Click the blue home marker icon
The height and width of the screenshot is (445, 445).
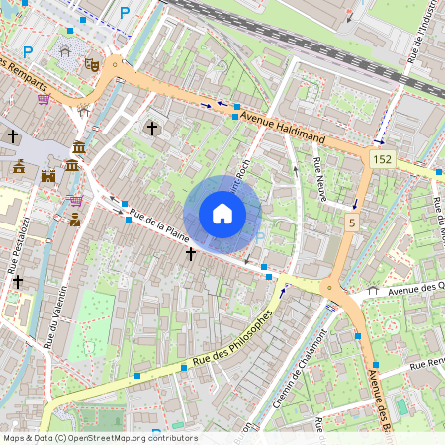pos(222,214)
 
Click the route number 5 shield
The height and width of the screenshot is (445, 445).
pos(351,223)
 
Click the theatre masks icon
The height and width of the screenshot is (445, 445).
pos(91,64)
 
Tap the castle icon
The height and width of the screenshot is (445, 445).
pos(46,176)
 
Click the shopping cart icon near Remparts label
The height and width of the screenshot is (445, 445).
pos(44,99)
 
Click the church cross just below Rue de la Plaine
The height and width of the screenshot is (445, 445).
pos(190,254)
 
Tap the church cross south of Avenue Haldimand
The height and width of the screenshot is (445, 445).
pos(152,128)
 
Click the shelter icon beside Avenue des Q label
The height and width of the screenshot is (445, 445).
pos(372,291)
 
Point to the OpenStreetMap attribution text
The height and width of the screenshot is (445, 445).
pos(99,438)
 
